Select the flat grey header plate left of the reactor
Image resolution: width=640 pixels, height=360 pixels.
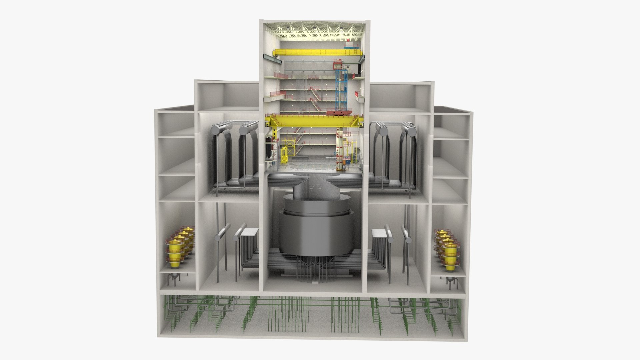[250, 231]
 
